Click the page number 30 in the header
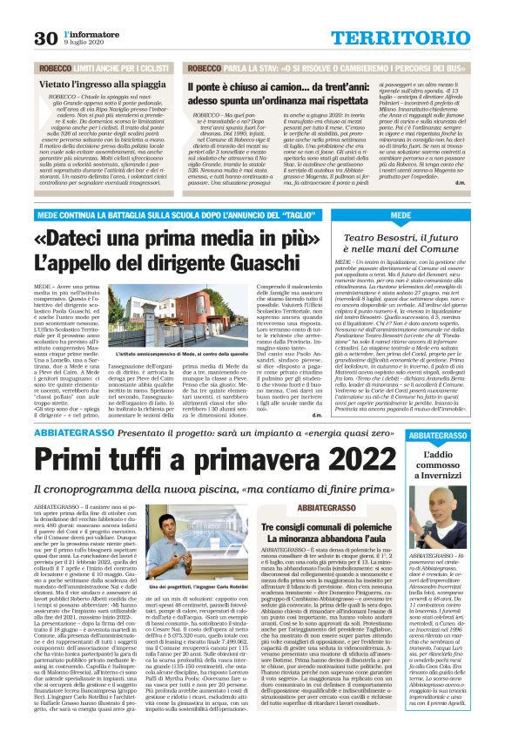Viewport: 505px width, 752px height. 44,37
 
